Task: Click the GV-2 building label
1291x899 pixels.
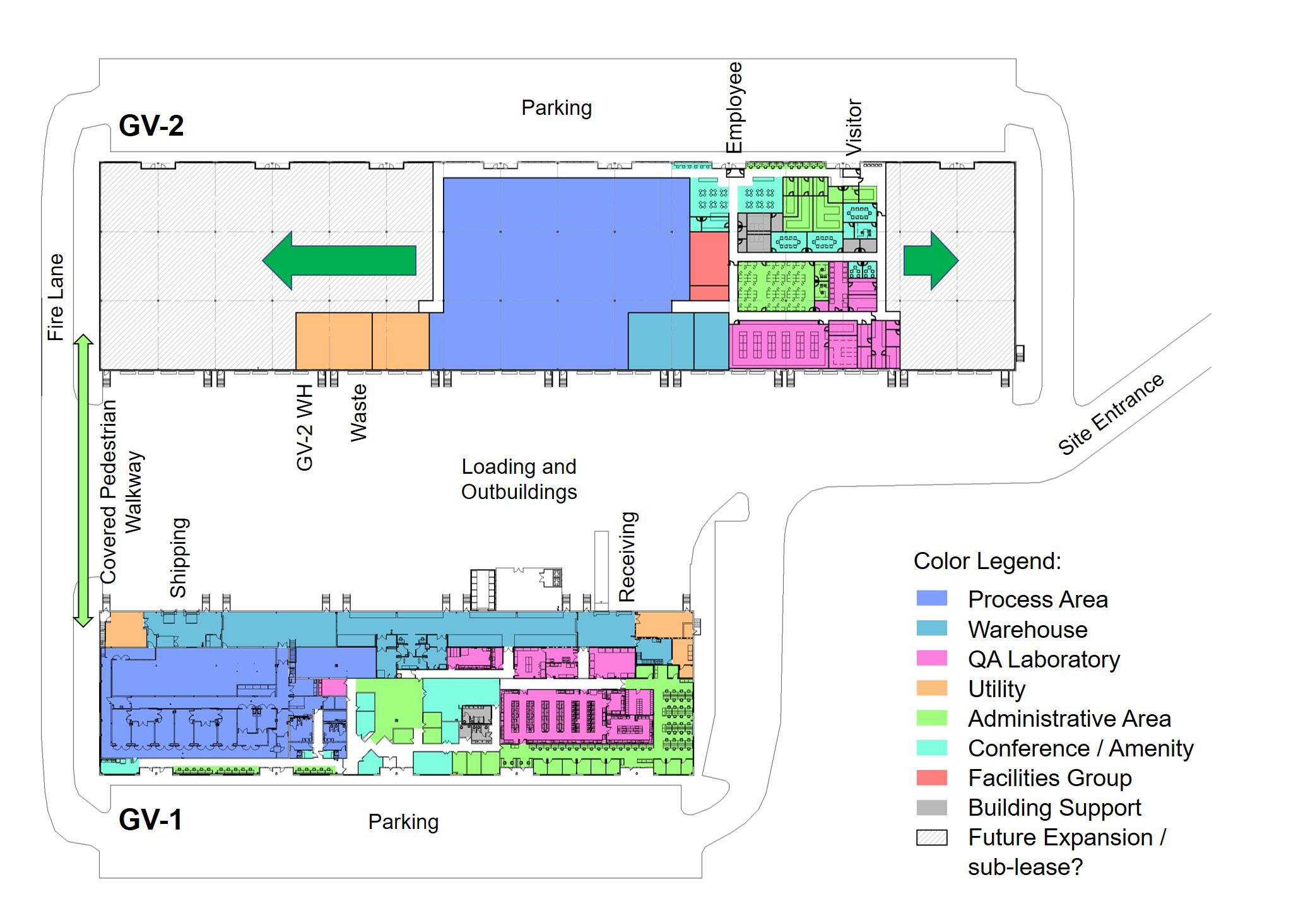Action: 151,126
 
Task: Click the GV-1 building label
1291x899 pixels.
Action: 150,820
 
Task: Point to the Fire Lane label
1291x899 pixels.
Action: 56,297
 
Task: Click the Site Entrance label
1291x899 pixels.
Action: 1111,414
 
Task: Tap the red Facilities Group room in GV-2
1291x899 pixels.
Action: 709,265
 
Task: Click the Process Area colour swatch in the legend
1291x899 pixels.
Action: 931,599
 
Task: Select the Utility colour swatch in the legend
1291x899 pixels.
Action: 931,688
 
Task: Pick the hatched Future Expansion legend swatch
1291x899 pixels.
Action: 931,838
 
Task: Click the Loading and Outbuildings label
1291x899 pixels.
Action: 519,479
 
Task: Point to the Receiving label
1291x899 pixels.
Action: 627,556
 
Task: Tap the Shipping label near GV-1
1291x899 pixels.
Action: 179,557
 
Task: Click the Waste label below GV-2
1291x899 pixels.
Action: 358,413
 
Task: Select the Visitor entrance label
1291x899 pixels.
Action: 853,127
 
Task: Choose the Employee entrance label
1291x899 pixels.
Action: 734,107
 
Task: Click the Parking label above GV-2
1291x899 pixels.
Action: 556,108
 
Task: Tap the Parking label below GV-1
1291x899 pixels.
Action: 403,822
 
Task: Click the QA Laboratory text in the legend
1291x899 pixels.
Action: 1044,659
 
